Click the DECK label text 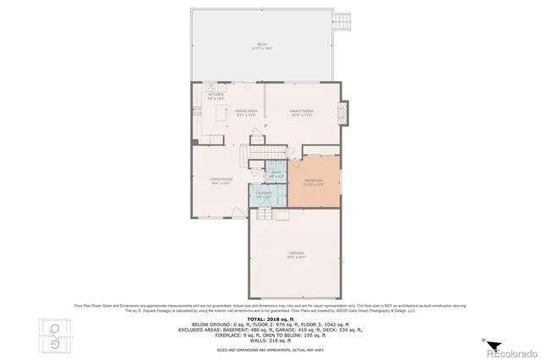point(261,46)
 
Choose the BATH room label point(276,172)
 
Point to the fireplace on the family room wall point(342,113)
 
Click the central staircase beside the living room point(254,155)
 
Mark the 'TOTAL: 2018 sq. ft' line point(270,318)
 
